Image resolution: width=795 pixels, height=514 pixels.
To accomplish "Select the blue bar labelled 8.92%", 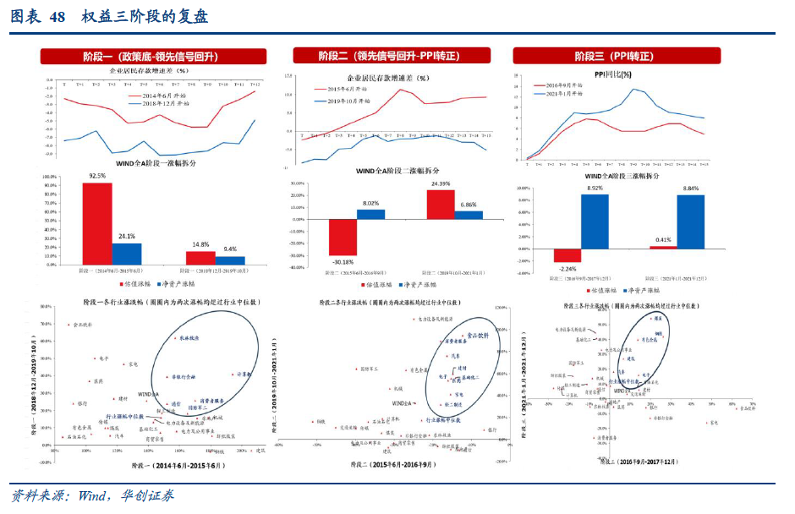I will point(595,221).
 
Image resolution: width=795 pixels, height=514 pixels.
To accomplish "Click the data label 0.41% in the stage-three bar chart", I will point(663,240).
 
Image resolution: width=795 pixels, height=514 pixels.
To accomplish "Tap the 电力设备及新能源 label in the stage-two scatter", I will point(437,319).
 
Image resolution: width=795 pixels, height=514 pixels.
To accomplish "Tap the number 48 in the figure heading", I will point(58,17).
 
